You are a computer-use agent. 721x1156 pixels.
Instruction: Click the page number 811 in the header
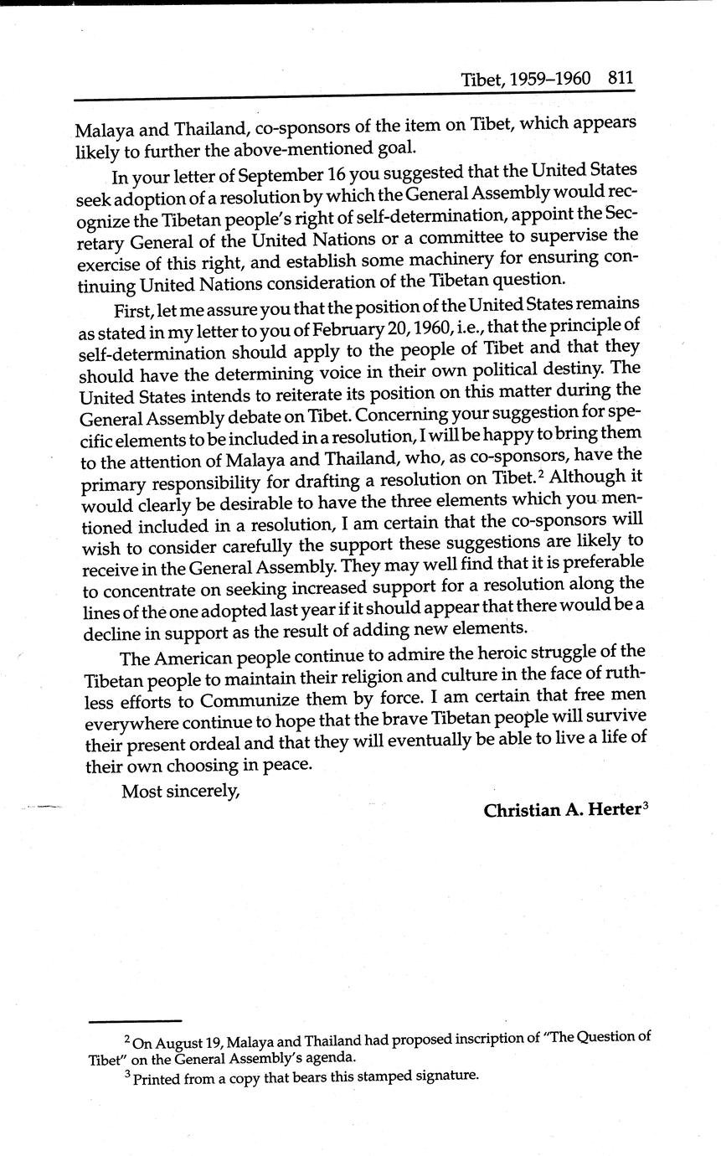621,79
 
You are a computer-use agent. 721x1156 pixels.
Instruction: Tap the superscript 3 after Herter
646,807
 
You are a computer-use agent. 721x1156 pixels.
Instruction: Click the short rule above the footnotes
135,1021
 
